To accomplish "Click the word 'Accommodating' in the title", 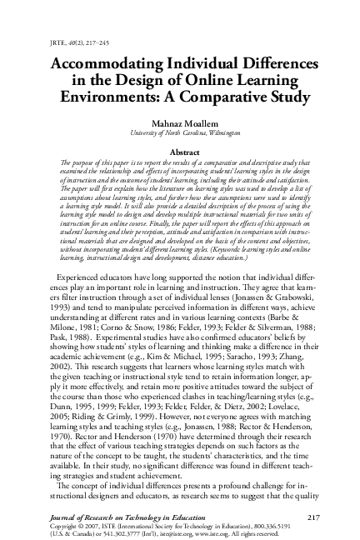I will [112, 64].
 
